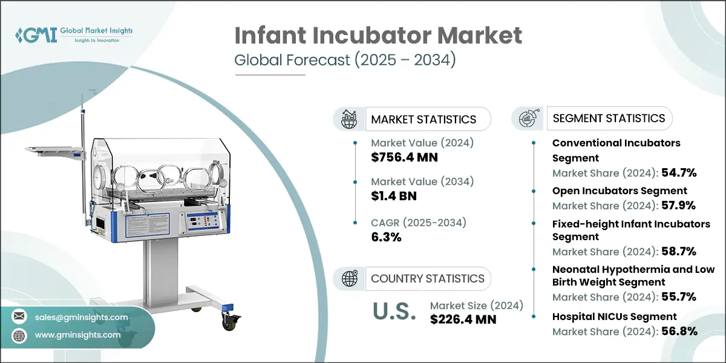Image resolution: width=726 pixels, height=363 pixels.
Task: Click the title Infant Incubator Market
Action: point(378,36)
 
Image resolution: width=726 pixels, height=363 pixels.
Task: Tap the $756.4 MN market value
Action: point(404,158)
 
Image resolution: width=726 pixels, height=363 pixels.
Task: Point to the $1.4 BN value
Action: point(393,196)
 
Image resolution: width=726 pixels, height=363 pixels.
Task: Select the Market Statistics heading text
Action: point(423,119)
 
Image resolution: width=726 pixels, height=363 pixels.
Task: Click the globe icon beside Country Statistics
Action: point(349,279)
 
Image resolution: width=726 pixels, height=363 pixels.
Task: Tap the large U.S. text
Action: point(393,312)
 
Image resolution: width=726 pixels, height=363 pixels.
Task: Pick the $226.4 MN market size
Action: point(463,319)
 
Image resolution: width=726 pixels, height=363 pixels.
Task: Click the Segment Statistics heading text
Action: point(609,118)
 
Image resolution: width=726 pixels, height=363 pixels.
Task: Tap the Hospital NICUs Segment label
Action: point(614,316)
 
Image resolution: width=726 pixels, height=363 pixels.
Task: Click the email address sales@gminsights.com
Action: point(81,317)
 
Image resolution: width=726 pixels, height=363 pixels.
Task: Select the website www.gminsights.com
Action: point(77,335)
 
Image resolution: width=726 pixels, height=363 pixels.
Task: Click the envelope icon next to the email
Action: point(19,317)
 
